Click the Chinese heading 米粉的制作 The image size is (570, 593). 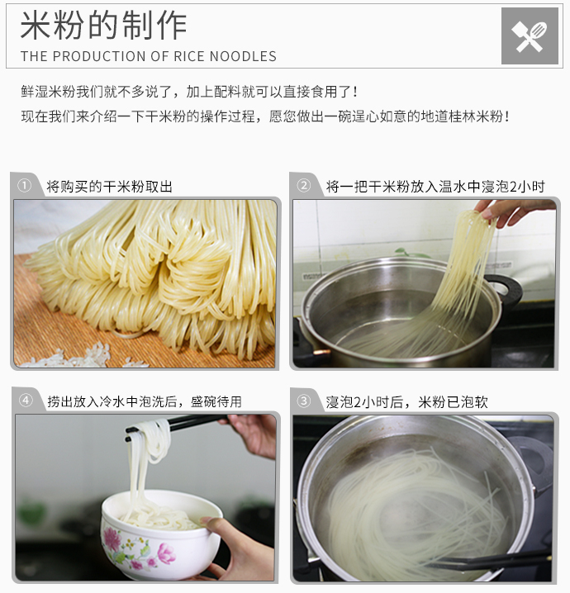tap(103, 26)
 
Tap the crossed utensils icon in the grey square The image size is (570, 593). tap(530, 36)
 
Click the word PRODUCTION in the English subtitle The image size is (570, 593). tap(100, 56)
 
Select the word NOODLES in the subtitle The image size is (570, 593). tap(243, 56)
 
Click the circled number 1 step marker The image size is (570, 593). tap(25, 186)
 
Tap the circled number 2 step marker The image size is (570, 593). tap(304, 186)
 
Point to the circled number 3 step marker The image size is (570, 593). tap(303, 401)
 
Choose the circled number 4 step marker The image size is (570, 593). tap(26, 400)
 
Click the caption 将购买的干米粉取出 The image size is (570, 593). tap(109, 187)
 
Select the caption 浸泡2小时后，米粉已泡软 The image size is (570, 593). tap(407, 402)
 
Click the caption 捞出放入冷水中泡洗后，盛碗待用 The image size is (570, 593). tap(145, 401)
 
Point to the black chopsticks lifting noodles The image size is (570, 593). tap(177, 425)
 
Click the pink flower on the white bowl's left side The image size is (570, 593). tap(112, 539)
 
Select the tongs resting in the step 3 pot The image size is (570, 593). tap(488, 560)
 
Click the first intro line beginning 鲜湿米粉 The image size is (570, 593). tap(189, 92)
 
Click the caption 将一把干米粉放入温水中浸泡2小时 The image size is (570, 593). tap(435, 187)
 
